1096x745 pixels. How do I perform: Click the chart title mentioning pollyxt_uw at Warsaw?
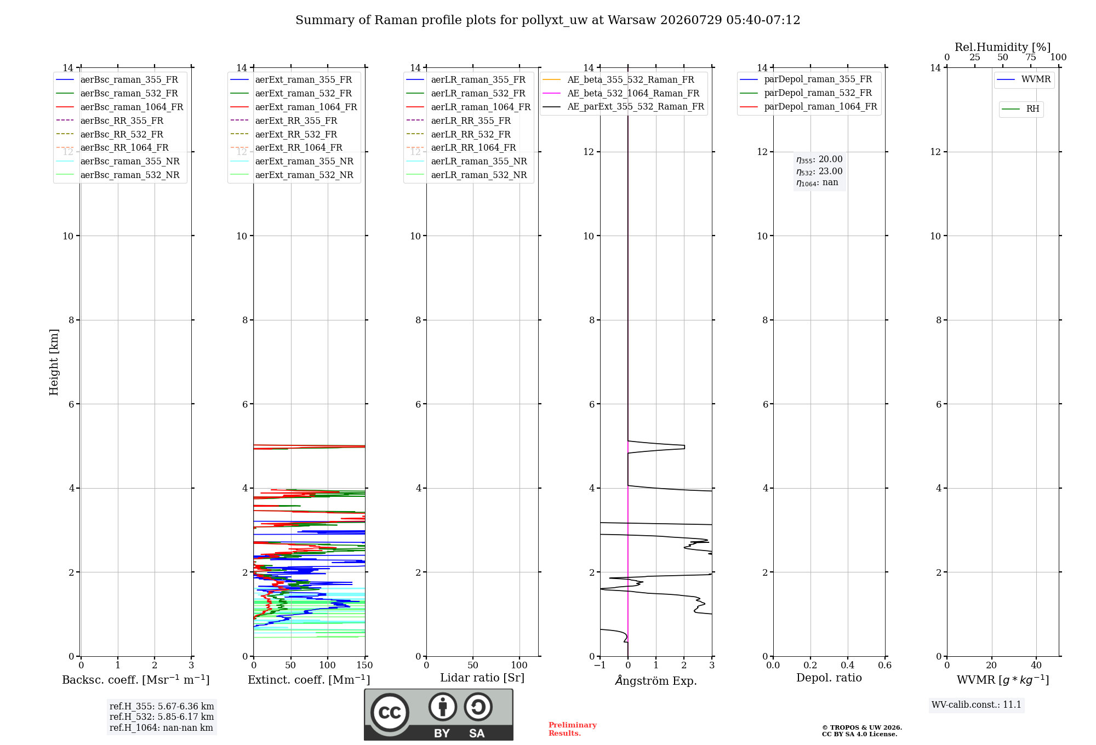(548, 20)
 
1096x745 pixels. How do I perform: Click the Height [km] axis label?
(54, 362)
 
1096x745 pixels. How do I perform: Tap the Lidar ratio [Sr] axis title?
(482, 678)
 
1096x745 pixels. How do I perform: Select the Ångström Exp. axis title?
(656, 680)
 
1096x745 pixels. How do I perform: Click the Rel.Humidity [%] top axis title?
(1003, 47)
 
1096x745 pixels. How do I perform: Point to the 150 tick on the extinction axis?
(364, 665)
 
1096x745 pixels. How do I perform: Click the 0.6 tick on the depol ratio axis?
(884, 665)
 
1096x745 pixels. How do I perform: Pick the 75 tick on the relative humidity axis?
(1031, 57)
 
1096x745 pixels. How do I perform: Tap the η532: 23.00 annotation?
(819, 171)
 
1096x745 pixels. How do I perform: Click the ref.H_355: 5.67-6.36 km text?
(162, 706)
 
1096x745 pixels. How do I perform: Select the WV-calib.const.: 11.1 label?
(977, 704)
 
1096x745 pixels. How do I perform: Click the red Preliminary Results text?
(573, 729)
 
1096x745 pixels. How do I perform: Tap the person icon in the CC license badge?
(443, 707)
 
